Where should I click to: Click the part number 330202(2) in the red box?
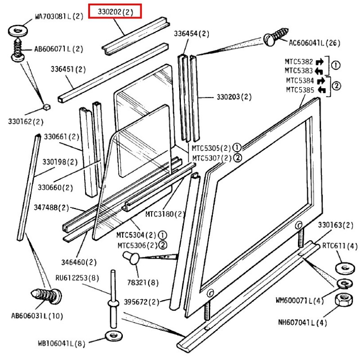[x=116, y=12]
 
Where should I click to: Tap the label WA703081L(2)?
[x=59, y=17]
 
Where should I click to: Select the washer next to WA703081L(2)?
[x=17, y=31]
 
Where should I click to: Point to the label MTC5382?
[x=299, y=62]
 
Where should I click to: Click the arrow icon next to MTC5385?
[x=321, y=90]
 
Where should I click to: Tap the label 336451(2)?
[x=68, y=69]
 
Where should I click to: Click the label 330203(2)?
[x=234, y=97]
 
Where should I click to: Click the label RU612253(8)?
[x=77, y=277]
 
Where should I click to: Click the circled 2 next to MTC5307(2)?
[x=238, y=157]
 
